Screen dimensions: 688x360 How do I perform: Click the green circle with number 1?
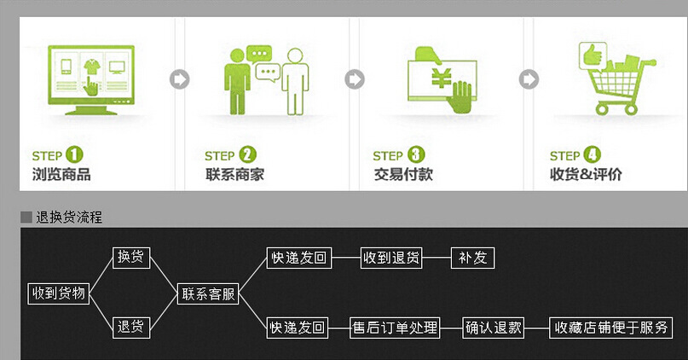pos(74,155)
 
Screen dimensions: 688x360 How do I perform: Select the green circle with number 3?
pos(416,155)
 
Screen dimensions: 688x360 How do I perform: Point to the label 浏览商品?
pos(61,175)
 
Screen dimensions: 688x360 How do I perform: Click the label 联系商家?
pos(234,175)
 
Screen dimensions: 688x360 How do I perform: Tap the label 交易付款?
pos(403,175)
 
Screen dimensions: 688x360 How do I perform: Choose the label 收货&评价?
pos(586,175)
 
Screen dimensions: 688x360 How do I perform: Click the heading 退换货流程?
pos(69,218)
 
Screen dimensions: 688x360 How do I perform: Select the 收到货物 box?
pos(59,293)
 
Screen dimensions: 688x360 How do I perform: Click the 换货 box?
pos(131,257)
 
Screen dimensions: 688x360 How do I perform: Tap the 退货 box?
pos(131,326)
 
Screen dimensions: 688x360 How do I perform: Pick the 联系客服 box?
pos(208,293)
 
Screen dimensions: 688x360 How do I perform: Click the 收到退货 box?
pos(391,257)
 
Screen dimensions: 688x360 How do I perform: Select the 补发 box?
pos(472,257)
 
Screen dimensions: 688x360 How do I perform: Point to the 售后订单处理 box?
pos(396,327)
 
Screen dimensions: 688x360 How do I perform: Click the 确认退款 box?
pos(494,327)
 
